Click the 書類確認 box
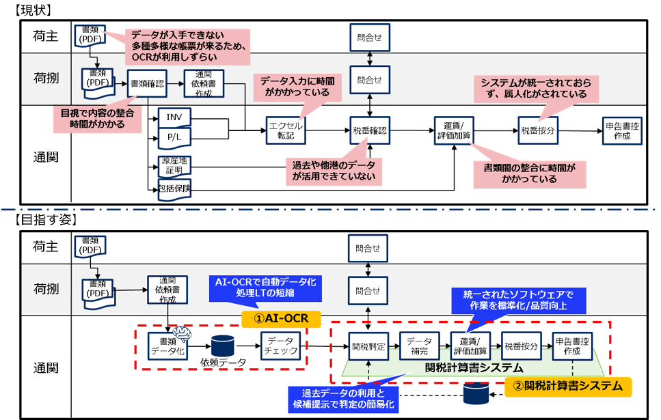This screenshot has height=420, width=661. coord(147,84)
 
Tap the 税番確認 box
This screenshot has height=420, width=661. coord(370,130)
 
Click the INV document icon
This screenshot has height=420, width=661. coord(174,117)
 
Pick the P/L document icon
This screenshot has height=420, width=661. coord(174,138)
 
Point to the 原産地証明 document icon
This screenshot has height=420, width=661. coord(174,165)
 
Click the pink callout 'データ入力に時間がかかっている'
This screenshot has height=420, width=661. coord(295,87)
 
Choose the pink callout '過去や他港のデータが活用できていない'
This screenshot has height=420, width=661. coord(334,170)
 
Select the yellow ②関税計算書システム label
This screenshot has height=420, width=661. coord(568,386)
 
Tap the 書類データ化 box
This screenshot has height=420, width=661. coord(167,346)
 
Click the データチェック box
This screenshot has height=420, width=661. coord(280,346)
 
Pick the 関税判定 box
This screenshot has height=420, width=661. coord(368,346)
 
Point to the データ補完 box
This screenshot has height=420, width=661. coord(419,346)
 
